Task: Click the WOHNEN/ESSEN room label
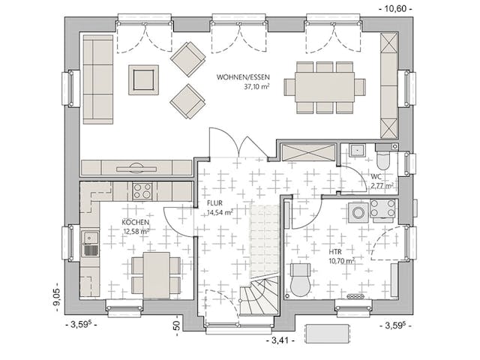pyautogui.click(x=244, y=77)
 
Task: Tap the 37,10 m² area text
pyautogui.click(x=256, y=87)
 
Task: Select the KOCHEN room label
pyautogui.click(x=135, y=223)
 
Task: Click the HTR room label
pyautogui.click(x=335, y=252)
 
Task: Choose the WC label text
pyautogui.click(x=376, y=177)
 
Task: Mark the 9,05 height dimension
pyautogui.click(x=55, y=298)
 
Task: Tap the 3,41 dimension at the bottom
pyautogui.click(x=278, y=340)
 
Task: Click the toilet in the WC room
pyautogui.click(x=382, y=160)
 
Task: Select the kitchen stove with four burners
pyautogui.click(x=142, y=190)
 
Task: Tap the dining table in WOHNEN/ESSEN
pyautogui.click(x=325, y=87)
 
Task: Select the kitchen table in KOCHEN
pyautogui.click(x=155, y=274)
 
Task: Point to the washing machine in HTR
pyautogui.click(x=359, y=213)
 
